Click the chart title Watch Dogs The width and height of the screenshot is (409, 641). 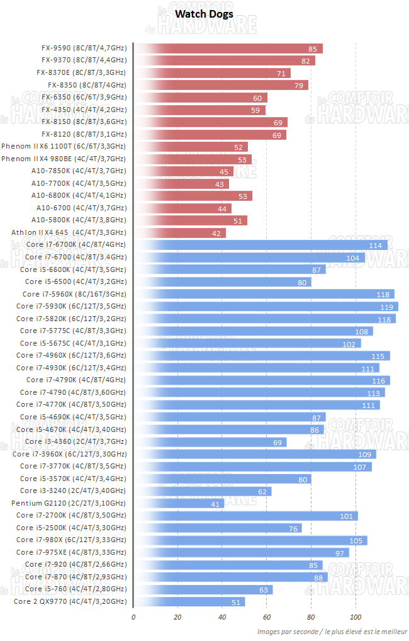click(x=204, y=13)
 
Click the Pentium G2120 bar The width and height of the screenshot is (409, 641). click(x=179, y=503)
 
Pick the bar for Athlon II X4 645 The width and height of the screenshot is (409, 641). click(x=179, y=233)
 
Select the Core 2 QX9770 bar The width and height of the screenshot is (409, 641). click(x=189, y=602)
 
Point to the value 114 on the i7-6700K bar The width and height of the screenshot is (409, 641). click(x=376, y=246)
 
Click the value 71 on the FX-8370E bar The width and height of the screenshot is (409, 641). click(x=281, y=73)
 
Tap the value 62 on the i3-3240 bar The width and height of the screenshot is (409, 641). click(x=262, y=491)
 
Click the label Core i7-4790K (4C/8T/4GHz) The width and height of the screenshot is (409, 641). click(x=76, y=380)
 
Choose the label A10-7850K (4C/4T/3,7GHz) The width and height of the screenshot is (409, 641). click(x=79, y=171)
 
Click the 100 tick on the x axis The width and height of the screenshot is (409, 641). click(x=356, y=616)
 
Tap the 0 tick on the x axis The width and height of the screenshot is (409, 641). click(x=133, y=616)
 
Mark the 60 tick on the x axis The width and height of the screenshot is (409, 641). click(x=267, y=616)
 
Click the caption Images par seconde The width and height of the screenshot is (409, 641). click(x=283, y=631)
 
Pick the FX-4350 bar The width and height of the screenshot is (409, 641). click(x=198, y=110)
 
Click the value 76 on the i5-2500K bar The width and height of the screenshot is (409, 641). click(x=293, y=528)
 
